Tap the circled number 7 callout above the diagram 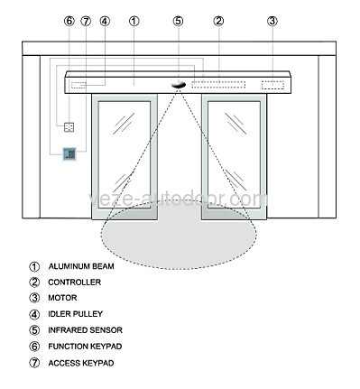[86, 20]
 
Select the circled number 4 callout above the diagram [105, 20]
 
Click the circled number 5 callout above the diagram [179, 20]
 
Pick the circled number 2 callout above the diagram [218, 20]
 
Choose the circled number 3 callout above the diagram [273, 20]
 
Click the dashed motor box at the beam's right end [273, 85]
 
